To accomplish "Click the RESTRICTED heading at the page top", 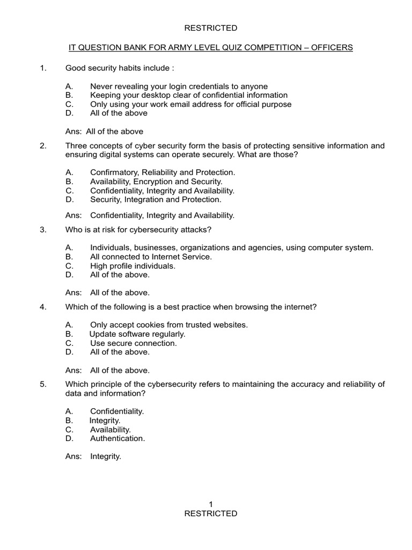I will coord(210,28).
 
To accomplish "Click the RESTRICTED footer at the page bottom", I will coord(210,513).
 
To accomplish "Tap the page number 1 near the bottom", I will coord(211,504).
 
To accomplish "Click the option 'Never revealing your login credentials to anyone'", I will coord(179,86).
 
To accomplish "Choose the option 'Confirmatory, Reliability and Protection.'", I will coord(163,172).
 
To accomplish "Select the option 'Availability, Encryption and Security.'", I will coord(156,182).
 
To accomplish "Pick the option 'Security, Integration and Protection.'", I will coord(156,199).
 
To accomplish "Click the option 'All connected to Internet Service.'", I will coord(151,257).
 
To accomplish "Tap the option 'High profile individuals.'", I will coord(133,266).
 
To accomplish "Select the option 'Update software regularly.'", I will coord(137,334).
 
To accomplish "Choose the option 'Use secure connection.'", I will coord(133,343).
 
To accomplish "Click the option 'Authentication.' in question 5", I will coord(117,438).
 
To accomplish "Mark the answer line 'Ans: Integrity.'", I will coord(93,457).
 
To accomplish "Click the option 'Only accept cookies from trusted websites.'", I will coord(169,325).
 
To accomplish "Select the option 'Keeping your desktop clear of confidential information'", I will coord(189,95).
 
